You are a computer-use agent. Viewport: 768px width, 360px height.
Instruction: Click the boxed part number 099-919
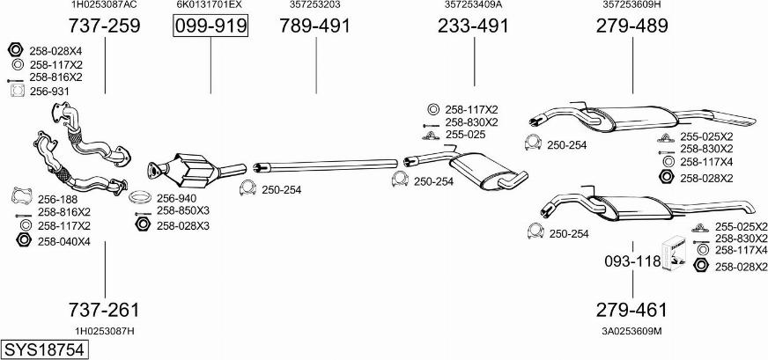pos(210,26)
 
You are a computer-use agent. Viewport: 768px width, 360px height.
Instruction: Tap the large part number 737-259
pos(105,26)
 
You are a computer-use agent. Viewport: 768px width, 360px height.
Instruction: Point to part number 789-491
pos(315,26)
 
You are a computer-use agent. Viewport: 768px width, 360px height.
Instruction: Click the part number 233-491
pos(474,26)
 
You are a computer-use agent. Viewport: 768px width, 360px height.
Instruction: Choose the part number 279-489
pos(632,26)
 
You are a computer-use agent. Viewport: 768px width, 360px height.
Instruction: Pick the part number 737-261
pos(105,310)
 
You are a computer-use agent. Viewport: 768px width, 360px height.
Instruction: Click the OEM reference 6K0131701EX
pos(210,5)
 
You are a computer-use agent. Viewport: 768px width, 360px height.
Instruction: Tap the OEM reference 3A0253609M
pos(632,330)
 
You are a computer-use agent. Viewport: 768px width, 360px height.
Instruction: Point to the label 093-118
pos(632,261)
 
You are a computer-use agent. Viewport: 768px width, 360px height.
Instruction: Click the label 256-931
pos(49,91)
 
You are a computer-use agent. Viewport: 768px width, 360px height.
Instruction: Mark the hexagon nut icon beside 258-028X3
pos(141,226)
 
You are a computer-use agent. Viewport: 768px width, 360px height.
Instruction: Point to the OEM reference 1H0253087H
pos(105,330)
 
